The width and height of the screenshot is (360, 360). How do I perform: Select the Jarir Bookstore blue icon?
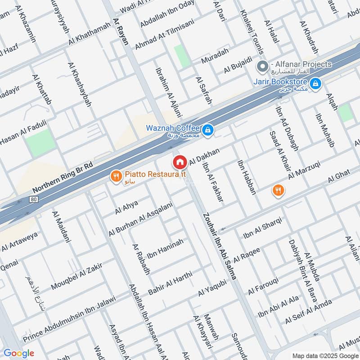[316, 83]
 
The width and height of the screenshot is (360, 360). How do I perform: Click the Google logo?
[19, 353]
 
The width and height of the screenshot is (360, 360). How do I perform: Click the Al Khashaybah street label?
[79, 85]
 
